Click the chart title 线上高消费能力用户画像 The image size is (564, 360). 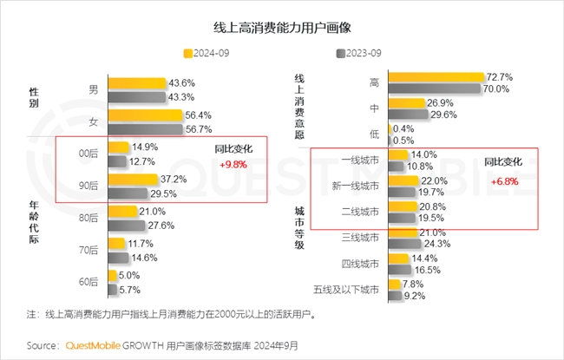click(281, 26)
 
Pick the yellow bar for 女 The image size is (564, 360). click(144, 115)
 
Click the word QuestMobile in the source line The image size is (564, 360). click(98, 344)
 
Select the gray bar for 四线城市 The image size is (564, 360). click(410, 269)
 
